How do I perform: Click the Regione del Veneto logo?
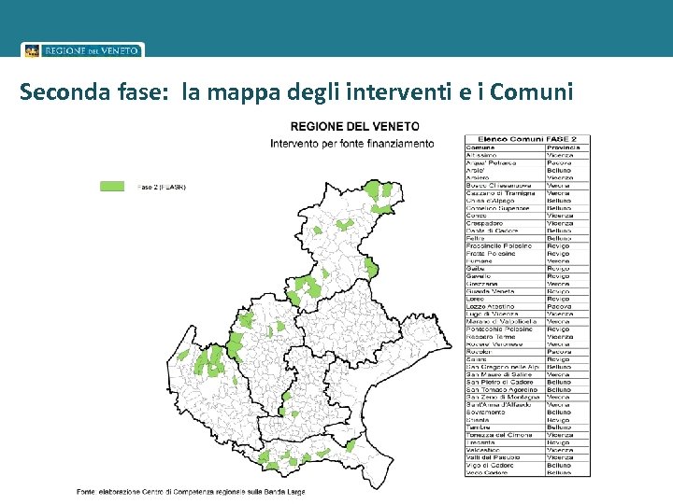coord(83,50)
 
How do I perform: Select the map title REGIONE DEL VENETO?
coord(354,126)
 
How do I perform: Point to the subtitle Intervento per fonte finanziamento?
coord(351,144)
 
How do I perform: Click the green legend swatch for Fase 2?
coord(112,187)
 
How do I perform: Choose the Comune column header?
coord(482,147)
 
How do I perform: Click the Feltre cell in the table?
coord(476,238)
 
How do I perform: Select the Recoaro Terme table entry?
coord(492,337)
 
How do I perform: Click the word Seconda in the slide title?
coord(62,92)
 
